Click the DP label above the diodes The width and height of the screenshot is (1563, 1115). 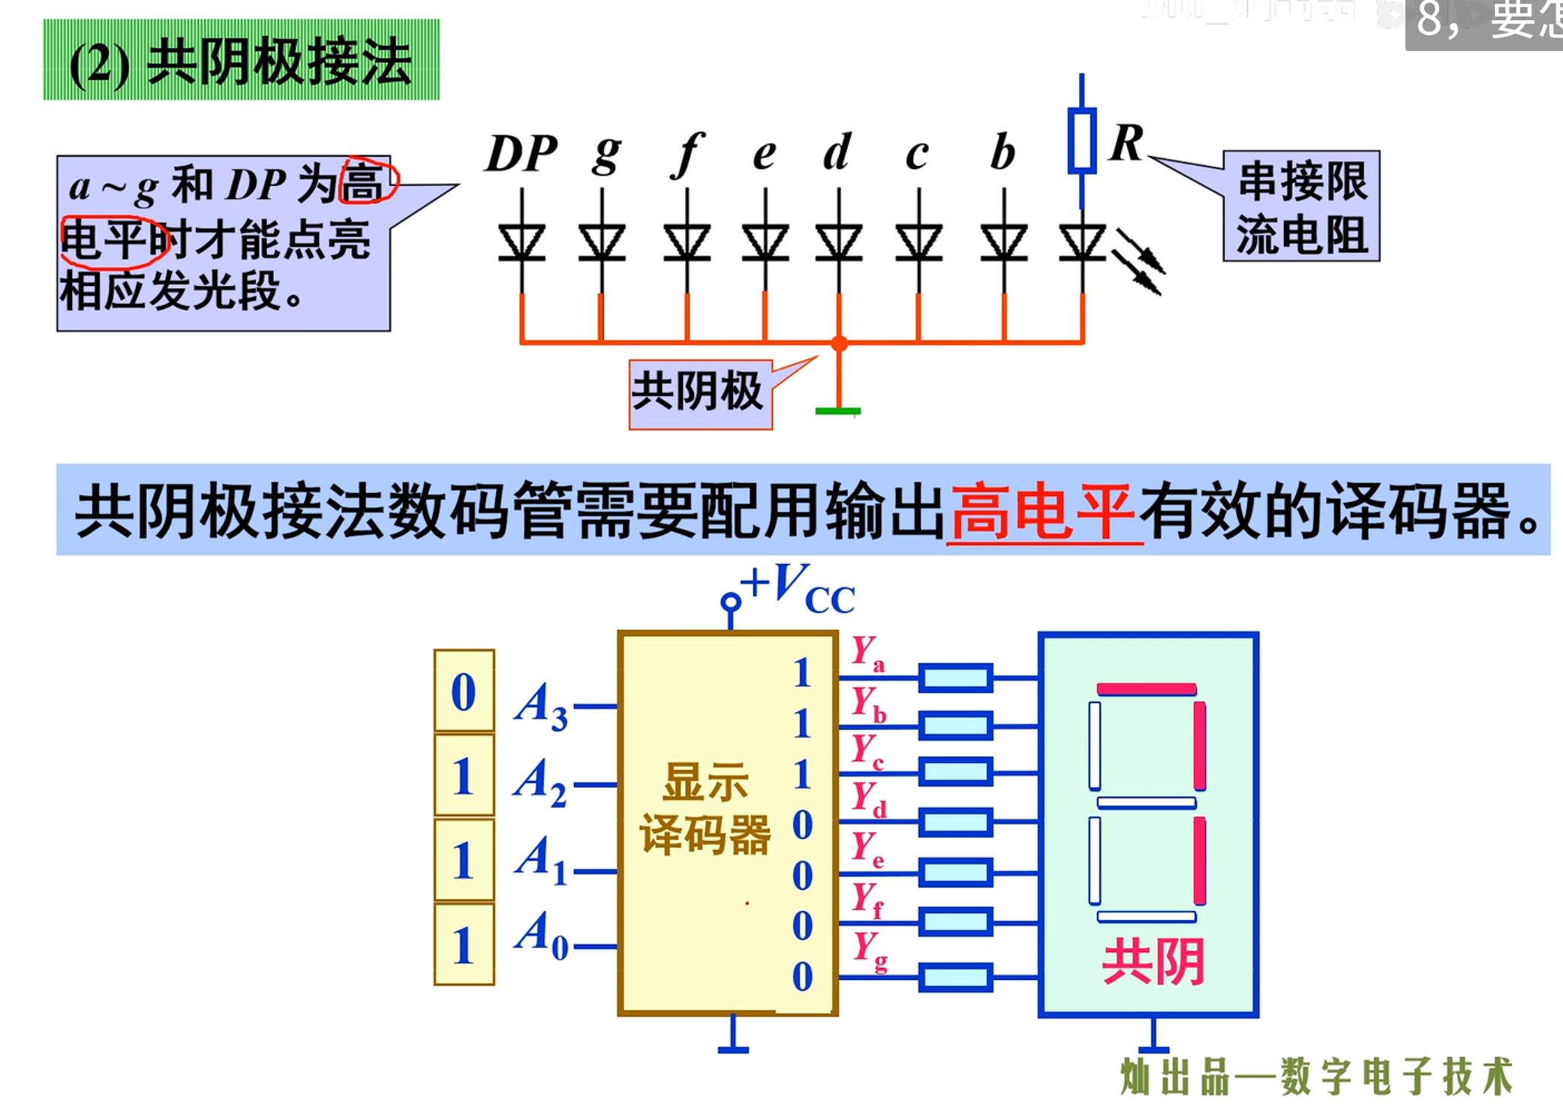click(522, 154)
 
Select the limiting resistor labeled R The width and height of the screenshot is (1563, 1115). click(1081, 140)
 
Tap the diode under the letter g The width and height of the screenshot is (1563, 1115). click(602, 242)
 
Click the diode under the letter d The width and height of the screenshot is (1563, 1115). click(839, 242)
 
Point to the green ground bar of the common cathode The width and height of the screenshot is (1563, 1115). click(838, 411)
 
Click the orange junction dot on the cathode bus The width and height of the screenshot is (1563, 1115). click(839, 344)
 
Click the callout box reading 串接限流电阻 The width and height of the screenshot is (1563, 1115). click(1301, 206)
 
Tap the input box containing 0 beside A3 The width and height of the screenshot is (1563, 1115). click(464, 691)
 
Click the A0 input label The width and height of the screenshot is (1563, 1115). click(541, 935)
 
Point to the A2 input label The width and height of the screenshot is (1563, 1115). click(540, 782)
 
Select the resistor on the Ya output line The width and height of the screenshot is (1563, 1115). click(955, 678)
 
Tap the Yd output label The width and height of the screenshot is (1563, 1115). click(869, 798)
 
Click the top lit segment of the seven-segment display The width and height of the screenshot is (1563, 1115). click(1146, 689)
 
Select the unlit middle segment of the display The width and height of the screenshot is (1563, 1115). click(1146, 803)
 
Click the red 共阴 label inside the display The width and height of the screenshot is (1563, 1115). click(1153, 961)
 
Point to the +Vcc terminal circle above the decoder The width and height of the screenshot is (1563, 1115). click(730, 602)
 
